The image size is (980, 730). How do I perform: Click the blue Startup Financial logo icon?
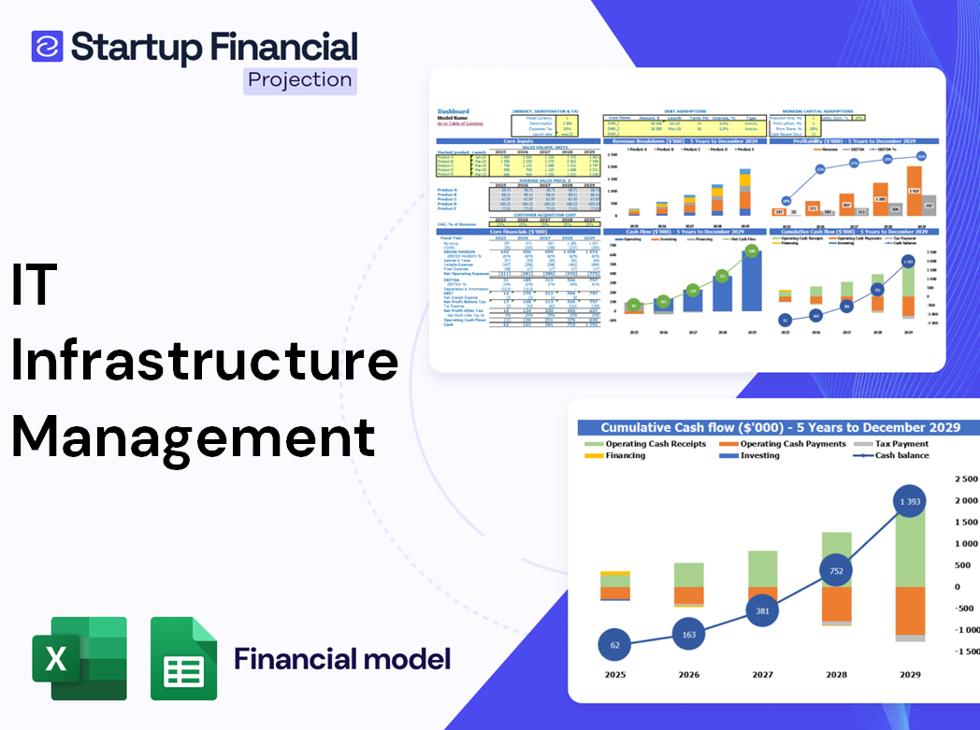(x=47, y=46)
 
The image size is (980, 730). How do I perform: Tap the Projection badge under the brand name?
(x=299, y=80)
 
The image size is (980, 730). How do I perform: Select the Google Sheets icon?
(x=183, y=659)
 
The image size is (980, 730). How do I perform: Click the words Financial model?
(x=342, y=659)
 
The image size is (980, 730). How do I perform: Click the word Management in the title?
(x=194, y=437)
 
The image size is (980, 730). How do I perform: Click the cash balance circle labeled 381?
(x=762, y=609)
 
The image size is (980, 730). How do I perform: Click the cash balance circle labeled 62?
(x=613, y=645)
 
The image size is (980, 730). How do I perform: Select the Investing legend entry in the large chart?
(x=758, y=455)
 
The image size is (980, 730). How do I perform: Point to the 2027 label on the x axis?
(x=762, y=674)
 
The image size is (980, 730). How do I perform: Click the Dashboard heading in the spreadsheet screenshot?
(x=454, y=111)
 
